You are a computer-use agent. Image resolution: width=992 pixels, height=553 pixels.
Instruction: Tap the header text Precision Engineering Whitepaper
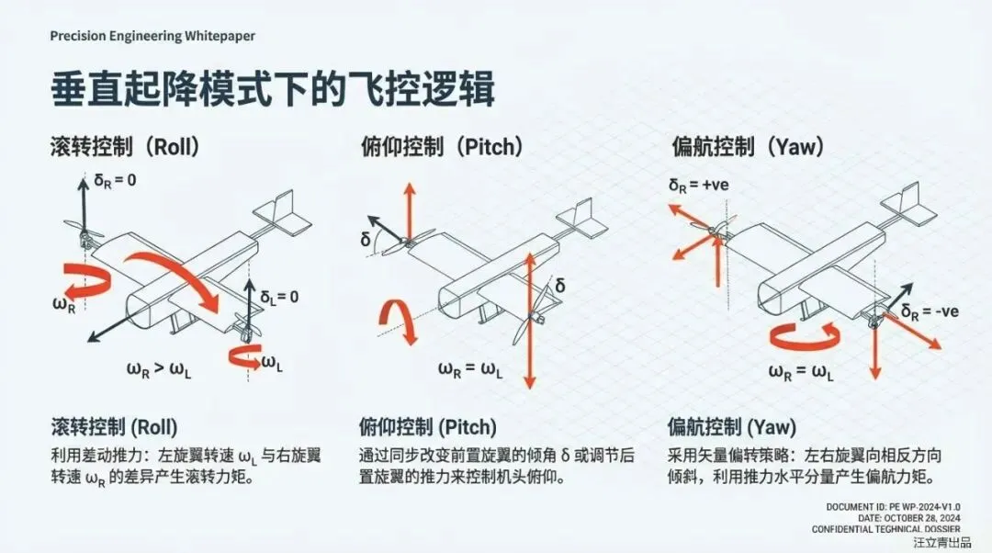pyautogui.click(x=152, y=36)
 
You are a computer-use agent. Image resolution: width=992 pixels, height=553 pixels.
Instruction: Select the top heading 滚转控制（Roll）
pyautogui.click(x=125, y=146)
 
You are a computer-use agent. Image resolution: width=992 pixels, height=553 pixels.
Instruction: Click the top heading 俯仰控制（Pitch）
pyautogui.click(x=440, y=146)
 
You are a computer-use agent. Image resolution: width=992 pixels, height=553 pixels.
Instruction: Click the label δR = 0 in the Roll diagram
pyautogui.click(x=115, y=180)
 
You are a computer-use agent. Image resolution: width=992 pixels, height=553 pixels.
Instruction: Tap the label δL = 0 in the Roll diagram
pyautogui.click(x=279, y=297)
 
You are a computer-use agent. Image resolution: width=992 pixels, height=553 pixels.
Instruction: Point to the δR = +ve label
pyautogui.click(x=698, y=186)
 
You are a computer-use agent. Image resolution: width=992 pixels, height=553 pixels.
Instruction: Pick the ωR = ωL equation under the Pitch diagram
pyautogui.click(x=469, y=370)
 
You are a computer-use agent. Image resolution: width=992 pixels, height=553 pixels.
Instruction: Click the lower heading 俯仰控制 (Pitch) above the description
pyautogui.click(x=427, y=427)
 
